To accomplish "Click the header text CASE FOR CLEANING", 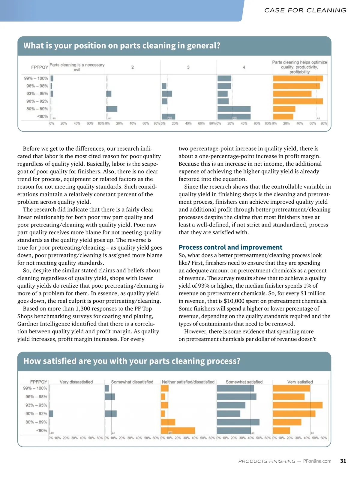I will click(x=305, y=10).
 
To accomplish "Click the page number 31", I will click(x=343, y=461).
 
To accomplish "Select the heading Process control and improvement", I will click(x=230, y=247).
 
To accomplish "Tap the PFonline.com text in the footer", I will click(x=317, y=461).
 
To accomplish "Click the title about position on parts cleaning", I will click(x=122, y=46).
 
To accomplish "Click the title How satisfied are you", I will click(x=132, y=361).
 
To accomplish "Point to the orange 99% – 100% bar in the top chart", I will click(x=298, y=79).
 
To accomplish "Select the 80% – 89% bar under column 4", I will click(x=234, y=109).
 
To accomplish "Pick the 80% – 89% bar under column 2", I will click(x=112, y=109).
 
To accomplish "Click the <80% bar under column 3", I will click(x=168, y=116).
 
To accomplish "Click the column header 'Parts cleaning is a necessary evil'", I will click(x=77, y=67).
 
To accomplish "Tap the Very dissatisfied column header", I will click(x=76, y=382).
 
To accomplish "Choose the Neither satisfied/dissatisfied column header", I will click(x=188, y=382).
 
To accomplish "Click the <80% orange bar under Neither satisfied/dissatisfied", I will click(x=178, y=430).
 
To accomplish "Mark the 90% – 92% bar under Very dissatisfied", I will click(x=51, y=414).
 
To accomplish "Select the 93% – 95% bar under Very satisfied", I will click(x=298, y=405).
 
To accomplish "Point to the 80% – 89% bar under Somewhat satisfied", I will click(x=238, y=422).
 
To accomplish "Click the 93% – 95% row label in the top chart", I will click(x=37, y=94).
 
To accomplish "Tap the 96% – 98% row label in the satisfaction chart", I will click(x=36, y=397).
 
